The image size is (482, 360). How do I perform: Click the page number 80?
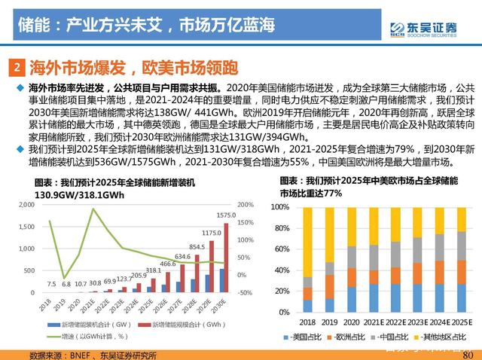coord(468,354)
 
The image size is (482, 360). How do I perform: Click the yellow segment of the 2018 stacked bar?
coord(307,242)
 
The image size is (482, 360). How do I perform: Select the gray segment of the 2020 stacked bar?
coord(351,257)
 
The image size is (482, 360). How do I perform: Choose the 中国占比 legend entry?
coord(381,336)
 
